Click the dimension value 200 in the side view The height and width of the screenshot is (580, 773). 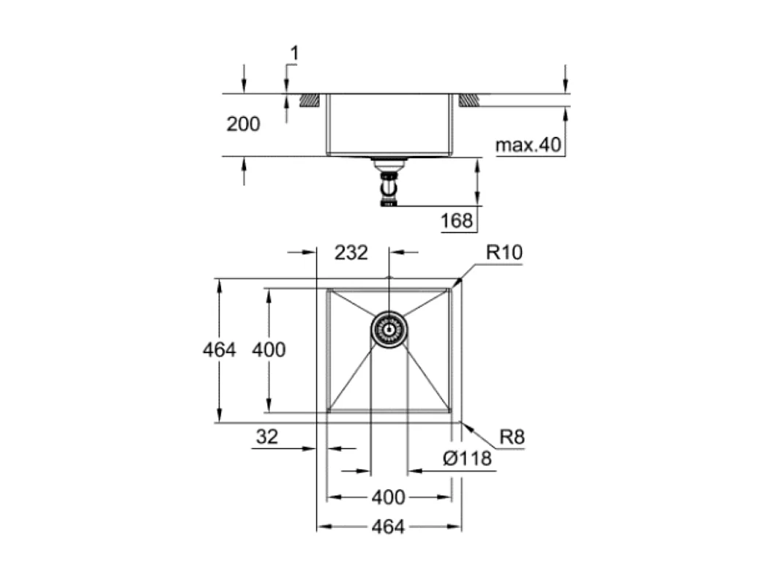point(243,124)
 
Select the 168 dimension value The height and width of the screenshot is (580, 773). point(458,220)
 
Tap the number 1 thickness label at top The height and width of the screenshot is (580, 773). point(295,53)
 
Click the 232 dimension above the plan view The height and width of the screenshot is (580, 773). point(351,253)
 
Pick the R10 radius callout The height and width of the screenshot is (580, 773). point(504,253)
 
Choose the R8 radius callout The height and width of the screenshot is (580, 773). point(512,438)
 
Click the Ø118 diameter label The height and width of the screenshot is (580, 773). point(467,458)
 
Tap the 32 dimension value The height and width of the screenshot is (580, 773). point(267,437)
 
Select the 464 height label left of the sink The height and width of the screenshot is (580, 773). point(220,350)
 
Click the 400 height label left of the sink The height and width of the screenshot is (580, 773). point(269,350)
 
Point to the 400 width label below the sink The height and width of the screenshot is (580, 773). point(388,498)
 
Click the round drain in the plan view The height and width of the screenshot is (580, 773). point(389,330)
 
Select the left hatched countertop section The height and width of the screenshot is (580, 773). point(310,100)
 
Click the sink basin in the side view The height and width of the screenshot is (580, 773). point(389,124)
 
